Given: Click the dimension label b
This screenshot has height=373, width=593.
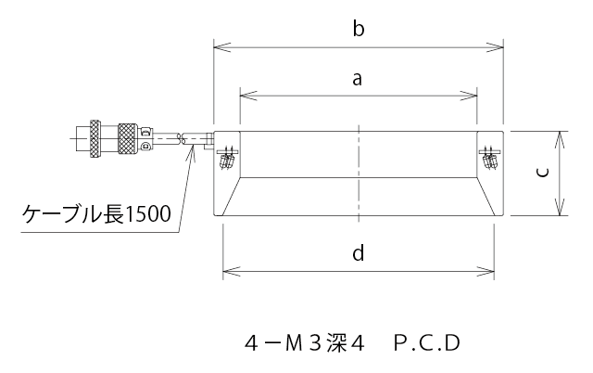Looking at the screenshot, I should (358, 29).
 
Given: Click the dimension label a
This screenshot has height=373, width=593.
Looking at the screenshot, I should (357, 80).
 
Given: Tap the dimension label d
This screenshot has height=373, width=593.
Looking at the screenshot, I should (359, 253).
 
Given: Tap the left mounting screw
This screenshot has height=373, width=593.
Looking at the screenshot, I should (227, 159).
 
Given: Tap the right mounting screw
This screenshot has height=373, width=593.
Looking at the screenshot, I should (490, 159).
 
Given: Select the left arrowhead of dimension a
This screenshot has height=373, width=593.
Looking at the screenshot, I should (245, 95).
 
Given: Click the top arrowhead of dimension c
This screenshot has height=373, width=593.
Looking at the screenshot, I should (561, 135).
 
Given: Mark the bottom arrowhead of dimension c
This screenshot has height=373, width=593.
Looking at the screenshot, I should (561, 212).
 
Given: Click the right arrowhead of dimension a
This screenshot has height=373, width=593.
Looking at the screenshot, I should (473, 95).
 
